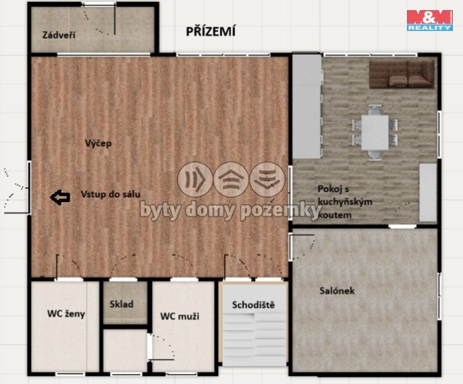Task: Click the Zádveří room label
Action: pos(59,35)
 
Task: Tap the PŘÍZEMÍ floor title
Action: pos(211,32)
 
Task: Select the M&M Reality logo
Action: pos(430,20)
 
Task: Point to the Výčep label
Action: pos(99,143)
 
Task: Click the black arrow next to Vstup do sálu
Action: pos(60,197)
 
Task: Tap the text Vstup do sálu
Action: pos(111,194)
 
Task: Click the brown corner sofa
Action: pos(402,75)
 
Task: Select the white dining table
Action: pos(375,132)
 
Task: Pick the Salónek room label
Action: pos(337,290)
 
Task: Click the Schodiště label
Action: pos(253,305)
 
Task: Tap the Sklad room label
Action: pos(121,304)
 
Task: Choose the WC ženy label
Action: pos(66,313)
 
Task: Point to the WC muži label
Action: pos(180,316)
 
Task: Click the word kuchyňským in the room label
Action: pos(345,202)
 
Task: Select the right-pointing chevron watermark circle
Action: pos(195,179)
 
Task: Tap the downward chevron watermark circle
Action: pos(267,179)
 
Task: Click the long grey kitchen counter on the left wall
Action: pos(307,106)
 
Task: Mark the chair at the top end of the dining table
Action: pos(375,109)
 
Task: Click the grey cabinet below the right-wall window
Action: pos(428,193)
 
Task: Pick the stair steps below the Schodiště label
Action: pos(254,339)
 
